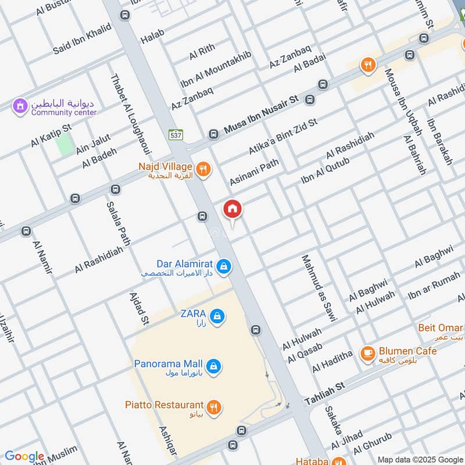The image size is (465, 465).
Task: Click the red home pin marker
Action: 233,209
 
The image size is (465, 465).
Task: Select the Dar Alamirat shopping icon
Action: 226,267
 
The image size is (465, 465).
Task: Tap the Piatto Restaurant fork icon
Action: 213,407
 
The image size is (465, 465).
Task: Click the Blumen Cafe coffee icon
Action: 367,353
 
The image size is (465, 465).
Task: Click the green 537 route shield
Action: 176,134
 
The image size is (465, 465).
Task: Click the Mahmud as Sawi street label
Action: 319,288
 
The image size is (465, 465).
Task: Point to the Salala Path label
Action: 118,223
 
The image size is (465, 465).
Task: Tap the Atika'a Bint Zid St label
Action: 283,137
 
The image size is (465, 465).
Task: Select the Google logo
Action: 24,456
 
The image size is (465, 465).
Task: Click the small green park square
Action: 65,145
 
